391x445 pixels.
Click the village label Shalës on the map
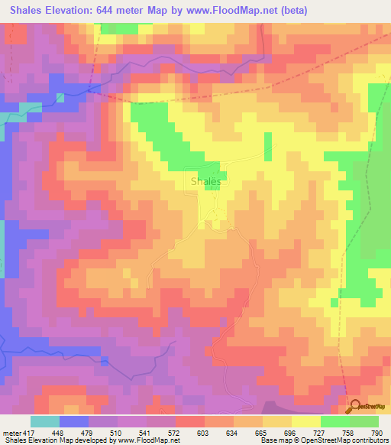click(x=205, y=181)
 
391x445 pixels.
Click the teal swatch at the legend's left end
click(x=44, y=421)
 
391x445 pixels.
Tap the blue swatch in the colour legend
click(x=73, y=421)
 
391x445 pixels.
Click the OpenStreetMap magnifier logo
click(x=354, y=408)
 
